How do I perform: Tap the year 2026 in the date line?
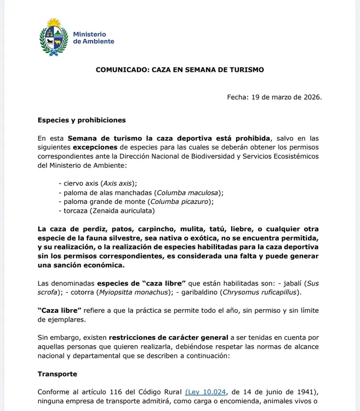point(310,98)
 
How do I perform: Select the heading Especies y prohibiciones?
point(82,120)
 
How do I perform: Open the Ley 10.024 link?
point(206,392)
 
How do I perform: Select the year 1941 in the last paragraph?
point(304,392)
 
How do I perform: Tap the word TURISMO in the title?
point(245,70)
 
